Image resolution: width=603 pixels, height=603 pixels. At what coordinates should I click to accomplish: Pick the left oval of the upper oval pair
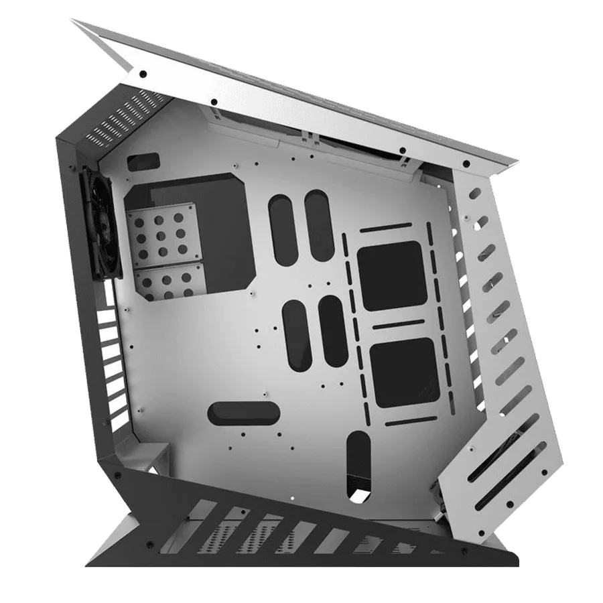pyautogui.click(x=282, y=224)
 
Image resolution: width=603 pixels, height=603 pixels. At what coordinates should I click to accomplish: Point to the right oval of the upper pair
pyautogui.click(x=319, y=224)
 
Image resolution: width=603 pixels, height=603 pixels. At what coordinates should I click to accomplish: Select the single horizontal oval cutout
pyautogui.click(x=243, y=413)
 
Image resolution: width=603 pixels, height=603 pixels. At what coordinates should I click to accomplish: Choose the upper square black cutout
pyautogui.click(x=392, y=275)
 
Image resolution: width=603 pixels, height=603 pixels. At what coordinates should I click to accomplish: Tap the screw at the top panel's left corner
pyautogui.click(x=143, y=74)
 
